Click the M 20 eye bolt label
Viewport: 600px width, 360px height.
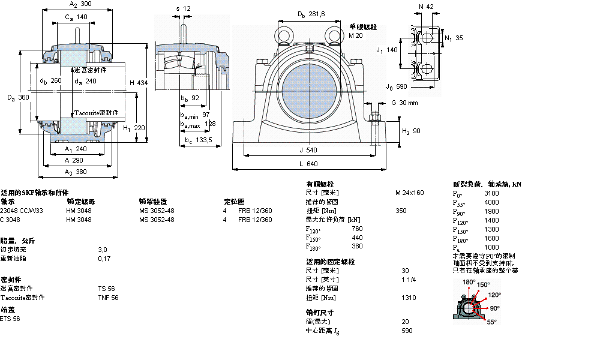coord(356,36)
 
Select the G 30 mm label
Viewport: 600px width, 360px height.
coord(404,103)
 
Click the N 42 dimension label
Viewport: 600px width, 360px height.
coord(426,7)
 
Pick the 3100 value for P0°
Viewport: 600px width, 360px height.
coord(491,194)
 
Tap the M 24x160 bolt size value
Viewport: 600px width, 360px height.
coord(409,193)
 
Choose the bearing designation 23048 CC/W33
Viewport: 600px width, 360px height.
coord(22,211)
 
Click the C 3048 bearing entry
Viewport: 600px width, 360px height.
coord(10,220)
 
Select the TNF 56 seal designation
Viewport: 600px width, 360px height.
coord(108,298)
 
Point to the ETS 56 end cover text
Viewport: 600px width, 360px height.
coord(10,319)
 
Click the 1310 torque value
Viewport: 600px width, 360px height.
coord(407,298)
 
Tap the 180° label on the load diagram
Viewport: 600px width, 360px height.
coord(469,281)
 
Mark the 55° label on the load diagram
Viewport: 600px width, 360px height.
coord(491,322)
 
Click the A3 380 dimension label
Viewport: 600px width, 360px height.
coord(76,172)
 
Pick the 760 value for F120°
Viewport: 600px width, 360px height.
coord(357,229)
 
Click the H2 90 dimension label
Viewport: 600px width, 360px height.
coord(411,131)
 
